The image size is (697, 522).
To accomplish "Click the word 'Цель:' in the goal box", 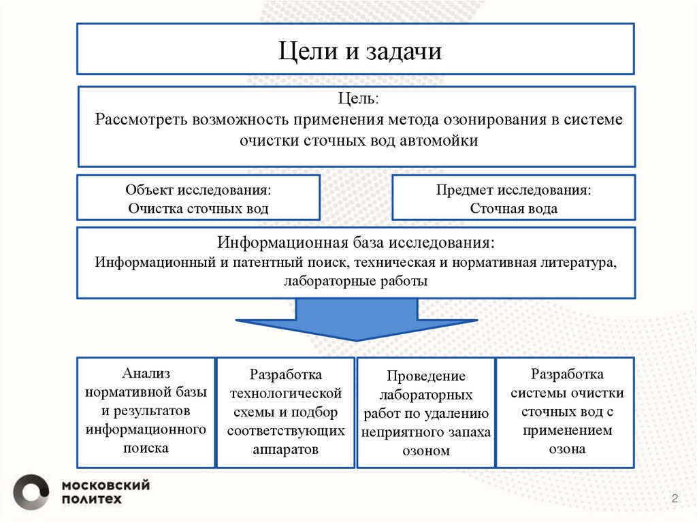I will [357, 99].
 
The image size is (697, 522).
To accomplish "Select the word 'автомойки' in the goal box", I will [444, 141].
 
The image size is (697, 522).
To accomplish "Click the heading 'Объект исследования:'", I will [197, 190].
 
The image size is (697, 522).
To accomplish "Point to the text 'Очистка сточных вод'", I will [198, 209].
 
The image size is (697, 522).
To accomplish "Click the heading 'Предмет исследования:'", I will [513, 190].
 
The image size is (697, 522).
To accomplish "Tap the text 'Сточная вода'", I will [513, 209].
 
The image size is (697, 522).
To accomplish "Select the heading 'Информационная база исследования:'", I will [356, 243].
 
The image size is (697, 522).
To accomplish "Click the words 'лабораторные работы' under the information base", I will [356, 281].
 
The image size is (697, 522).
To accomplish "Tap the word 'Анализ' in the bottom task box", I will [146, 374].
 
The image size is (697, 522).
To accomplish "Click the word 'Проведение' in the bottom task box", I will [426, 377].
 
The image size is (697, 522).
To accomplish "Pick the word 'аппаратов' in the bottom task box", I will [285, 450].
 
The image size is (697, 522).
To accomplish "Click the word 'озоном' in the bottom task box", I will [426, 451].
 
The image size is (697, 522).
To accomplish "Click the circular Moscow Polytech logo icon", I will [31, 491].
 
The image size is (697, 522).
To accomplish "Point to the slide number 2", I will [675, 500].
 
